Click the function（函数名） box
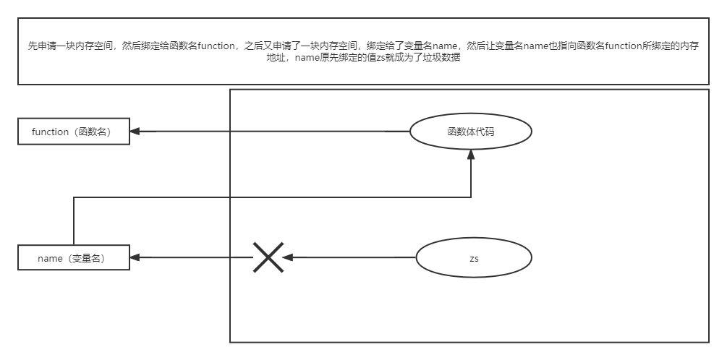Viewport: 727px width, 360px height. [x=75, y=132]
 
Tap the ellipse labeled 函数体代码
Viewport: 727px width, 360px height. [x=471, y=132]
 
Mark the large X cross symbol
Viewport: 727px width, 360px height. [x=268, y=257]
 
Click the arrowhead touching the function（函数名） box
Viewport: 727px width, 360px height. [x=135, y=132]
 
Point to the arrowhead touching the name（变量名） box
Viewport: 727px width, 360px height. [x=135, y=257]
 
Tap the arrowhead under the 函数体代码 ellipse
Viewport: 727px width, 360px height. [x=471, y=154]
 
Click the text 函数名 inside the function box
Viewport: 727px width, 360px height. [x=97, y=132]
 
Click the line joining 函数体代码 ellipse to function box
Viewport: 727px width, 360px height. [x=275, y=132]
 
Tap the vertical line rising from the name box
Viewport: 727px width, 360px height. [x=74, y=220]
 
